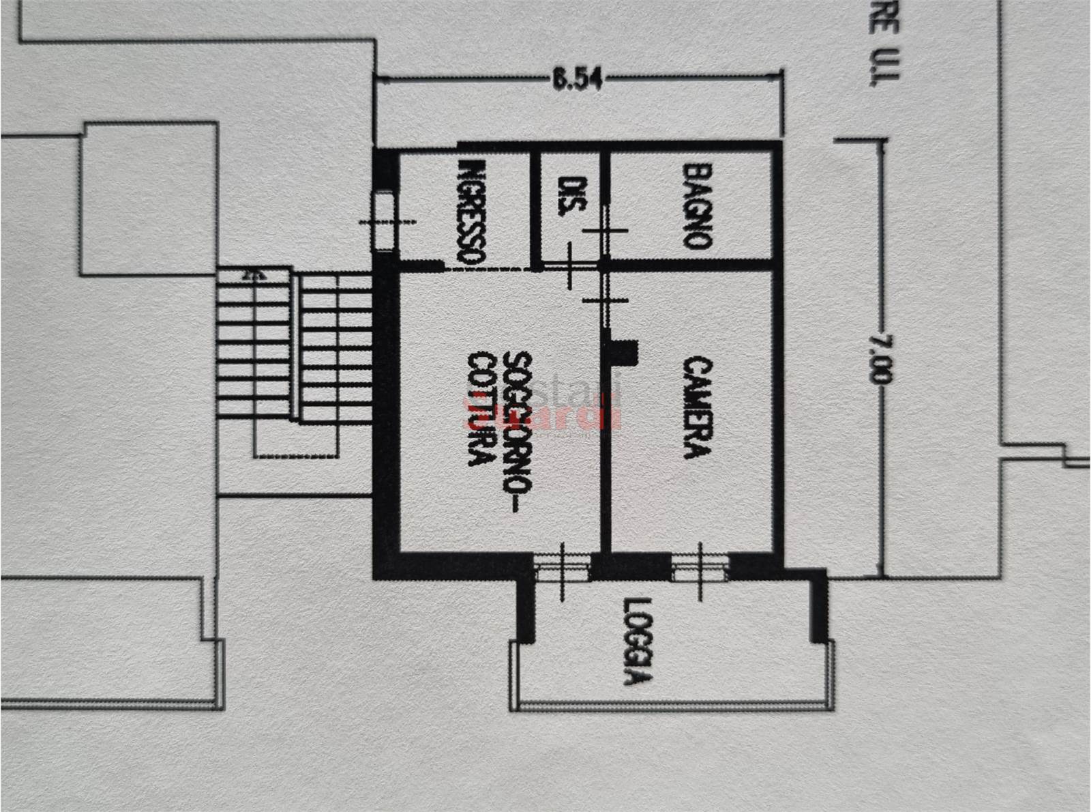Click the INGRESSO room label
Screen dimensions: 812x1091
point(471,212)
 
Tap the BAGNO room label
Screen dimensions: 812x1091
point(697,205)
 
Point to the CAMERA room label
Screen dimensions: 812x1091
point(697,407)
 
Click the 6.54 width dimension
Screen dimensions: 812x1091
point(577,80)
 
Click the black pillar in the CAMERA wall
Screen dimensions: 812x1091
point(623,352)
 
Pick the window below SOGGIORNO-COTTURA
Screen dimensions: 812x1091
point(562,568)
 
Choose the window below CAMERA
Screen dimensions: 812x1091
point(700,568)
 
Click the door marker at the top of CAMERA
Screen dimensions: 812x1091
point(604,300)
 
